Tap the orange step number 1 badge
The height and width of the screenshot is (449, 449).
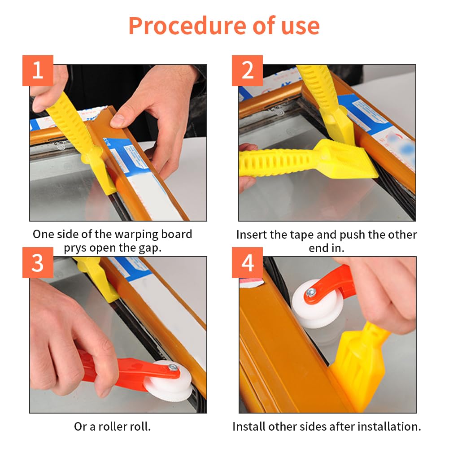pos(38,70)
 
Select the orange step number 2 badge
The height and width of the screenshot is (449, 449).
pos(247,70)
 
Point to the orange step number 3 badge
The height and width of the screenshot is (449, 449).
pos(38,262)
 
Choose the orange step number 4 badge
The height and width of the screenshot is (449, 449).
pos(247,262)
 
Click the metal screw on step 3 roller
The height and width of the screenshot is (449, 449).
pos(173,367)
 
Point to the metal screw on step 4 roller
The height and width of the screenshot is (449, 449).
pos(311,292)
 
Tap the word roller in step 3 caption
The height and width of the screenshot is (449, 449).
pos(111,427)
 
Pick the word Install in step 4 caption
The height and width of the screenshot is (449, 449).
pos(248,427)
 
